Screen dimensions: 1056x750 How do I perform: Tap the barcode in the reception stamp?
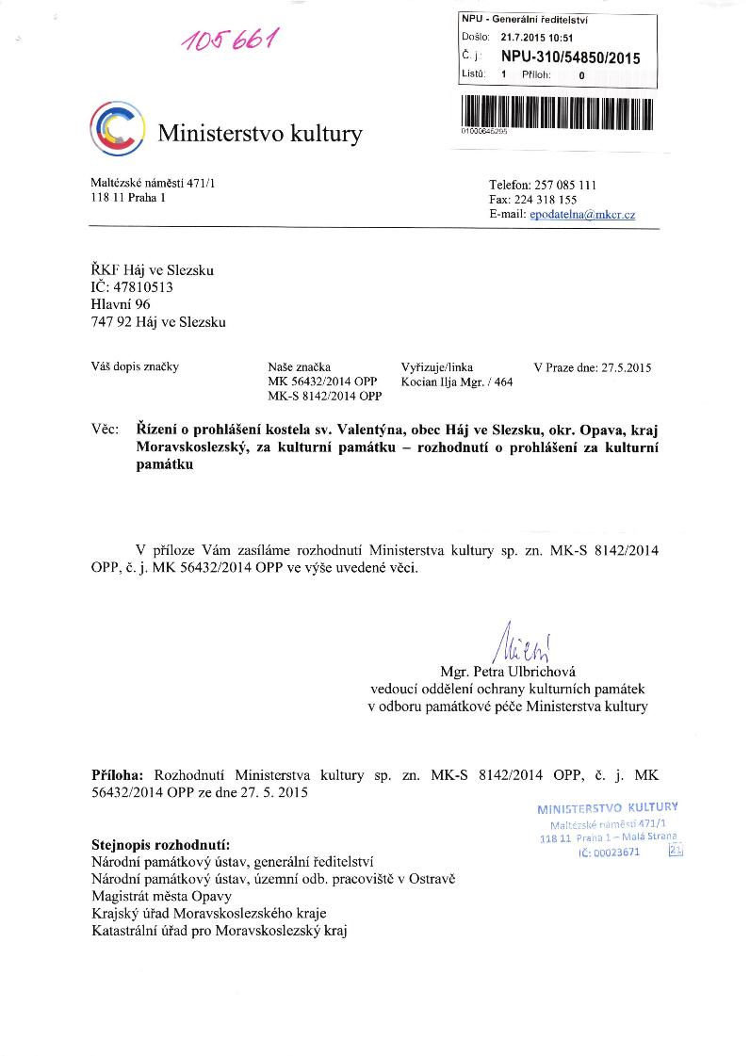pos(557,112)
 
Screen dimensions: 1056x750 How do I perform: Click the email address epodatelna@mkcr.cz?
pos(582,215)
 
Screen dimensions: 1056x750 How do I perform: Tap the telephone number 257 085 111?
pos(568,185)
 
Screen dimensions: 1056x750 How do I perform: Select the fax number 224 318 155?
pos(554,200)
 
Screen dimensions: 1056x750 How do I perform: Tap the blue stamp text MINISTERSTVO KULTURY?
pos(607,807)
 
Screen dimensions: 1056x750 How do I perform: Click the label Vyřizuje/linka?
pos(437,367)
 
